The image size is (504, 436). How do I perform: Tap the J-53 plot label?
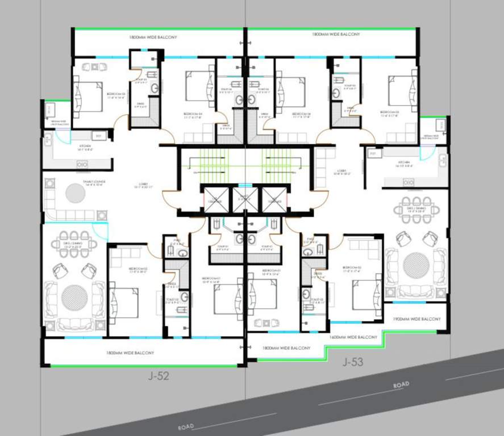pyautogui.click(x=352, y=361)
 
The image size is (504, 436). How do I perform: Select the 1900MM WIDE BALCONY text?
pyautogui.click(x=416, y=320)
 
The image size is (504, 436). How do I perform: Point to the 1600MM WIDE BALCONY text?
pyautogui.click(x=353, y=337)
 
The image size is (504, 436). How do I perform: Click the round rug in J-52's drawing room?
pyautogui.click(x=74, y=297)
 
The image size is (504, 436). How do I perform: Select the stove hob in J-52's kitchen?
pyautogui.click(x=83, y=163)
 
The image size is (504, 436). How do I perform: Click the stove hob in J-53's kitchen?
pyautogui.click(x=408, y=182)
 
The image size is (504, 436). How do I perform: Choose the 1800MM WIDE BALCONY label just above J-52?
pyautogui.click(x=130, y=353)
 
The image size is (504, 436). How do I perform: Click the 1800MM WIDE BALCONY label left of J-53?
pyautogui.click(x=287, y=347)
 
